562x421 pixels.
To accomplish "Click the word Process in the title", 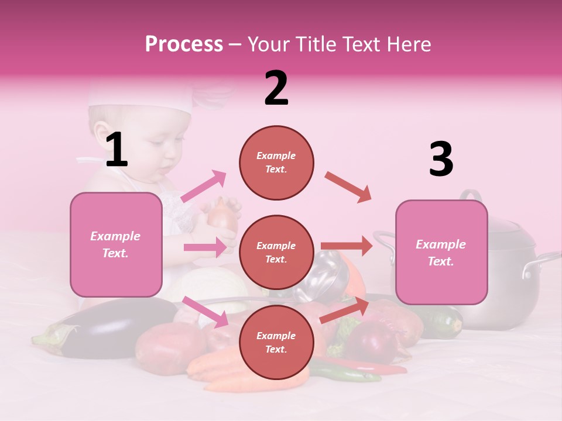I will coord(184,44).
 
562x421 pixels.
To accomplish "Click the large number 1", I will coord(116,150).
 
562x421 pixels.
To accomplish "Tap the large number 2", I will coord(276,88).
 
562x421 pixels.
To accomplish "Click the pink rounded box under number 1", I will coord(116,244).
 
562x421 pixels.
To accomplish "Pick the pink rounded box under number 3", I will coord(441,252).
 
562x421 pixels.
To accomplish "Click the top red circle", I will coord(276,163).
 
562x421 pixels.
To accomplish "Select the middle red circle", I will coord(276,252).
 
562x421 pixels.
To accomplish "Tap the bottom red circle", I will coord(276,342).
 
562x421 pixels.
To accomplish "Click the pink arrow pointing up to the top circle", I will coord(204,186).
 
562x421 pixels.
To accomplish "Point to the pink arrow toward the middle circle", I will coord(205,247).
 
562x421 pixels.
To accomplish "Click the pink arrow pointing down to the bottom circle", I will coord(205,311).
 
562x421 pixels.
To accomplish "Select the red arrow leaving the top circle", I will coord(348,187).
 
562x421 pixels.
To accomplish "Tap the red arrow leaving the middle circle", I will coord(347,246).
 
